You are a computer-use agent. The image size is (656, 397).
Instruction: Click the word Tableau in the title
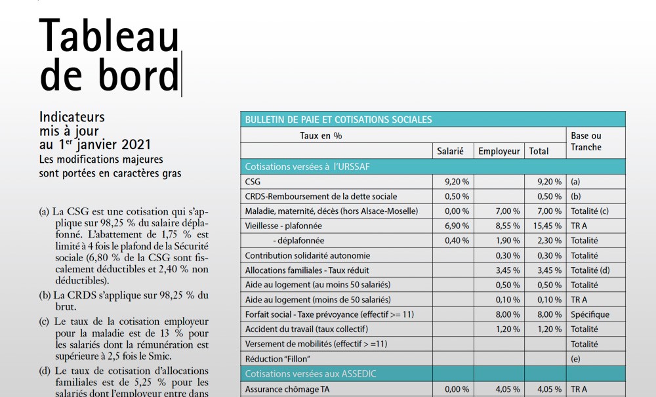[109, 35]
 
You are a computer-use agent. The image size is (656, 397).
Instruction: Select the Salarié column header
[450, 151]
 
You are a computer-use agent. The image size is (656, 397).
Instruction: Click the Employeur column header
[499, 151]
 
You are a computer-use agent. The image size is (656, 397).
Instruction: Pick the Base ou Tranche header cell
[586, 142]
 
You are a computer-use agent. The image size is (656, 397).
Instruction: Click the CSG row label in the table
[253, 182]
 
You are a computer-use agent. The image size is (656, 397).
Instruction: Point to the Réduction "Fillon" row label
[277, 358]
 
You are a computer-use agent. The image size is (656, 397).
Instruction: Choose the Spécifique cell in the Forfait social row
[590, 314]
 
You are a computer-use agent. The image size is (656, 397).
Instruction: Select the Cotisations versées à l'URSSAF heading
[307, 167]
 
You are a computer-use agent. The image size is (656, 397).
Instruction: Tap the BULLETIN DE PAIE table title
[338, 119]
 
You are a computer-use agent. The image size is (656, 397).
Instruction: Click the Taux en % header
[321, 136]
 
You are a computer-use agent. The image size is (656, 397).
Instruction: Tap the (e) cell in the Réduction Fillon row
[576, 358]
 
